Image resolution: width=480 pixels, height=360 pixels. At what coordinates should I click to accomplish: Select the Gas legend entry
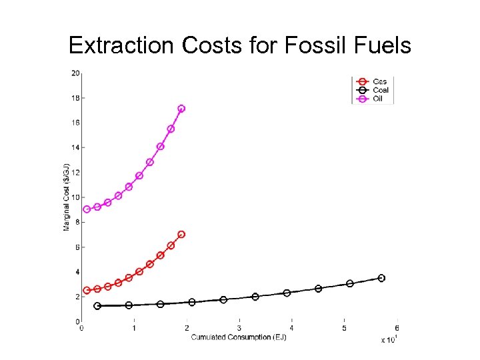click(x=379, y=81)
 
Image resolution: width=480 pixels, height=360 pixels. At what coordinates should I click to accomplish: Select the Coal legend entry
click(x=381, y=90)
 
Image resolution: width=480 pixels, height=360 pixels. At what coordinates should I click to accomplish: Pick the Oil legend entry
click(x=378, y=99)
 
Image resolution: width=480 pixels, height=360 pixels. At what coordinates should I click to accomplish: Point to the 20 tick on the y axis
click(x=76, y=73)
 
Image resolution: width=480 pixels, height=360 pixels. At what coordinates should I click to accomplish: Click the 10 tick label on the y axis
click(x=76, y=197)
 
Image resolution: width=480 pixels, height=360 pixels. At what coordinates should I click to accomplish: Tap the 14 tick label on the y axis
click(x=76, y=147)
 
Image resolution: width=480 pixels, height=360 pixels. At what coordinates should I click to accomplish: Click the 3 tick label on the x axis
click(x=239, y=328)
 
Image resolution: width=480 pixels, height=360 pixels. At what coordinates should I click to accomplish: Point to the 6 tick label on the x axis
click(x=397, y=328)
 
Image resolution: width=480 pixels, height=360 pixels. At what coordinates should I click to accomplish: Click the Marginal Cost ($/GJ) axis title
click(x=67, y=197)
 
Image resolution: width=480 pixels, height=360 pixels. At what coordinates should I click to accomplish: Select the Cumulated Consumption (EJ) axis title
click(x=239, y=337)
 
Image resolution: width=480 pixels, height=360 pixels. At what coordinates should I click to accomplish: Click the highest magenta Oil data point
click(x=181, y=109)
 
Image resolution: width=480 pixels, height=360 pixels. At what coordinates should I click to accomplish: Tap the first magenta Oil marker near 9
click(x=87, y=209)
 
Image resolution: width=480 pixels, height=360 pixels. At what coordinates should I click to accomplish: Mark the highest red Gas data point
click(x=181, y=235)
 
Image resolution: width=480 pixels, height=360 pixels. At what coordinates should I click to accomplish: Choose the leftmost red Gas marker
click(x=87, y=291)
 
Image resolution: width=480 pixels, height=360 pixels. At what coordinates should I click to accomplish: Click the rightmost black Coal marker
click(x=381, y=278)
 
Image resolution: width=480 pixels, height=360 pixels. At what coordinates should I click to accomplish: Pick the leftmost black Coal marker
click(x=97, y=306)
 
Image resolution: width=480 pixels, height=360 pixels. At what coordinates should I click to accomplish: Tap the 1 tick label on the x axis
click(x=134, y=328)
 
